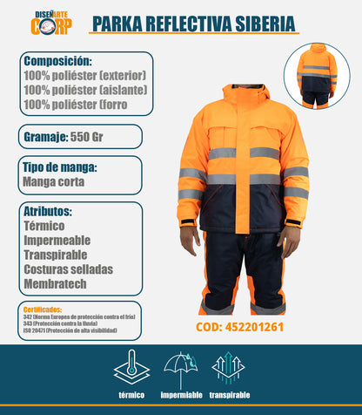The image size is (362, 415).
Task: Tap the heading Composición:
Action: point(58,62)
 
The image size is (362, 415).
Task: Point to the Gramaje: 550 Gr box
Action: point(79,137)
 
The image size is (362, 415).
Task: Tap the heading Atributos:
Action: point(49,211)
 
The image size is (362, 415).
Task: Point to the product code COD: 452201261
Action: point(245,328)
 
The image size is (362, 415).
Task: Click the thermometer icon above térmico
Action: point(131,365)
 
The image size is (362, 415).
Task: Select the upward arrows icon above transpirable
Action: point(228,366)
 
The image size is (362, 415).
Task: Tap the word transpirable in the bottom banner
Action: point(229,394)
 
